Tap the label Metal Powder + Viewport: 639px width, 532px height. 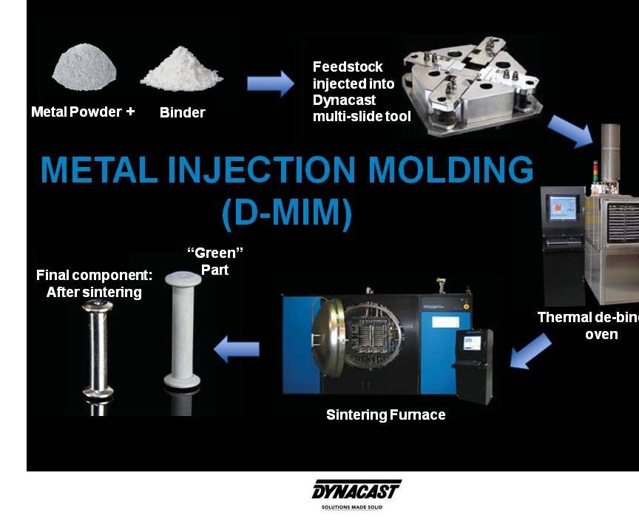(x=82, y=112)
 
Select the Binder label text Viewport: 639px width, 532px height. (x=182, y=113)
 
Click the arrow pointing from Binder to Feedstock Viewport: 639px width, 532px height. (x=269, y=84)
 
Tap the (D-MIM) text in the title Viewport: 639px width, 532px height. (x=287, y=212)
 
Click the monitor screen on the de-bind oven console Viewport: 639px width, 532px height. (x=563, y=206)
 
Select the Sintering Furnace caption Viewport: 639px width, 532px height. (x=385, y=415)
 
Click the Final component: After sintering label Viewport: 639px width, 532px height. (x=94, y=284)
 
